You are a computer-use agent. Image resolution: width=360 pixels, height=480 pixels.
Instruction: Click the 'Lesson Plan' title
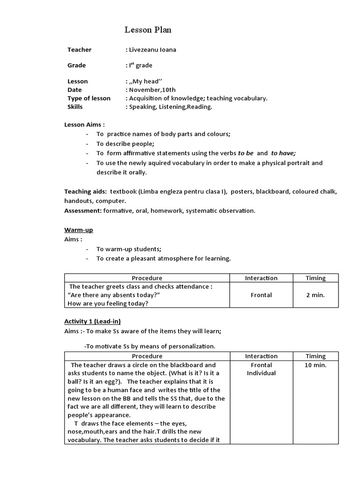click(x=148, y=30)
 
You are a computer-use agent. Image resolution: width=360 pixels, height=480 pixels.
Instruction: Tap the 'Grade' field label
click(x=76, y=65)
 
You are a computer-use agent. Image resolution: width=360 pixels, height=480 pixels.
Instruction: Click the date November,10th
click(x=153, y=90)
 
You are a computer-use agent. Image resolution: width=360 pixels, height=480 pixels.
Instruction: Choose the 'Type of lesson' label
click(x=89, y=98)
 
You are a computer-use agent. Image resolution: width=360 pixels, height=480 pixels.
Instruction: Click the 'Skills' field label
click(x=75, y=106)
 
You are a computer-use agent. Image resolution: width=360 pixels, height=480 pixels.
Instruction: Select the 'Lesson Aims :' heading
click(x=84, y=124)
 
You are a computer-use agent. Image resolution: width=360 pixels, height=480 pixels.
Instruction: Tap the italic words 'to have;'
click(x=284, y=153)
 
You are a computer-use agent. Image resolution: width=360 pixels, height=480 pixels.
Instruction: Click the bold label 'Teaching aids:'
click(x=85, y=191)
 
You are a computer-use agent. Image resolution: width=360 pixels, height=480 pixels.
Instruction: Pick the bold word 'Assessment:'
click(x=82, y=210)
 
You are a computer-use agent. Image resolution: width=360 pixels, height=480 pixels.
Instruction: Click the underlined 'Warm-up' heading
click(x=78, y=230)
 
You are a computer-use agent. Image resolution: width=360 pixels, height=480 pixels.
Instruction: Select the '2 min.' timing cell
click(x=315, y=295)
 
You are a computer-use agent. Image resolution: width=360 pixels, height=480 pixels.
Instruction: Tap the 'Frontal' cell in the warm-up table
click(x=261, y=295)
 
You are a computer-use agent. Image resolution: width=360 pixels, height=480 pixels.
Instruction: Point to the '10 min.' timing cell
click(x=315, y=365)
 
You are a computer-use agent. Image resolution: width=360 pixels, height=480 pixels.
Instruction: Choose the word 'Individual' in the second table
click(x=261, y=373)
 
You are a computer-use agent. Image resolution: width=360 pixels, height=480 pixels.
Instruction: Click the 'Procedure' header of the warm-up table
click(x=147, y=278)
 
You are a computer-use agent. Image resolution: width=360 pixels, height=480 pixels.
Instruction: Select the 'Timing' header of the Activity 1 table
click(x=315, y=356)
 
